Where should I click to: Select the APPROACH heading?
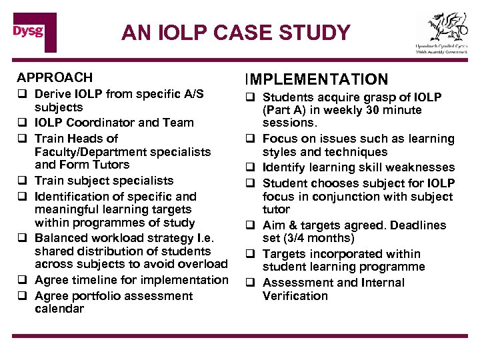click(x=55, y=78)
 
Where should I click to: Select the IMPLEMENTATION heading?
click(x=318, y=79)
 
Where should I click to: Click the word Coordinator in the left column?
click(x=113, y=123)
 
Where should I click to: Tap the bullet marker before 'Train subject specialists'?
click(x=22, y=181)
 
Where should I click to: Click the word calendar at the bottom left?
click(x=59, y=309)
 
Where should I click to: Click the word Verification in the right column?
click(x=295, y=296)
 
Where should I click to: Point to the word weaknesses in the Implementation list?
click(x=421, y=167)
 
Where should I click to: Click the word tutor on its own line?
click(x=276, y=209)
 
